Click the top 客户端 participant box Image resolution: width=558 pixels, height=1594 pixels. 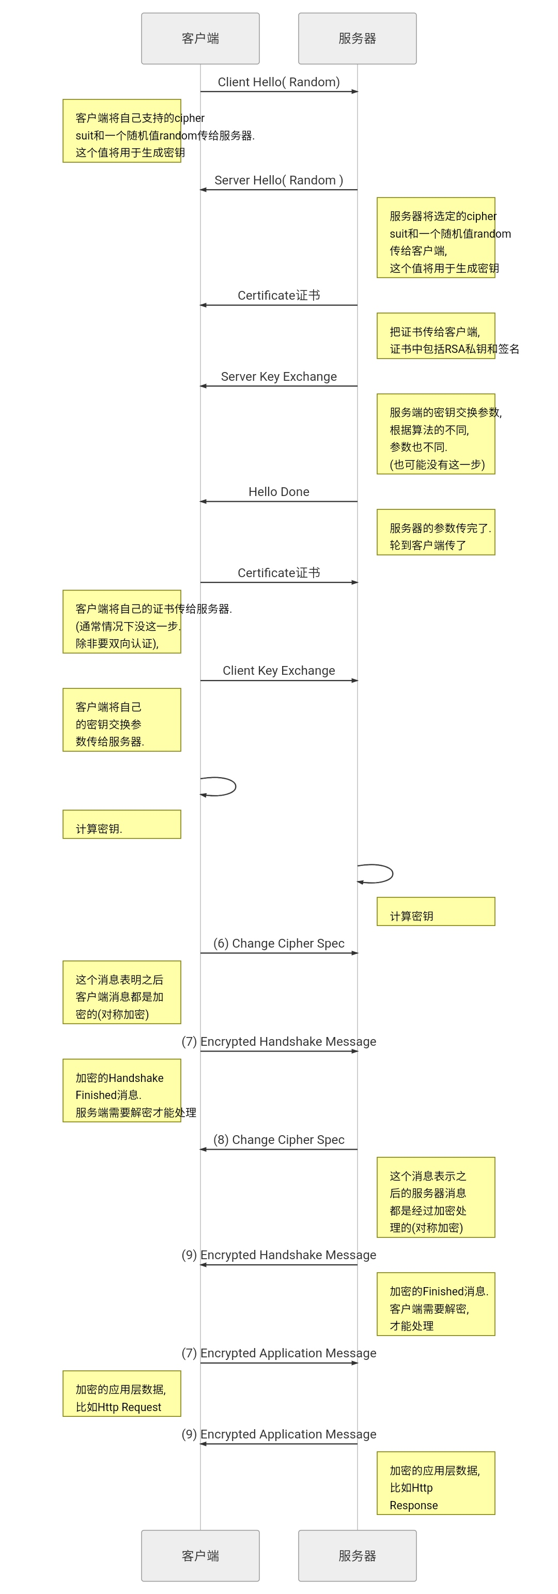[x=200, y=38]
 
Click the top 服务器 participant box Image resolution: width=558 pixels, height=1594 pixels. [x=357, y=38]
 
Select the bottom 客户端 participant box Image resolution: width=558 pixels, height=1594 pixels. [x=200, y=1555]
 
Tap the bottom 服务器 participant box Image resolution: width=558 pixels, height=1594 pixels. [x=357, y=1555]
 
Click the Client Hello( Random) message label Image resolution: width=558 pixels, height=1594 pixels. [x=278, y=82]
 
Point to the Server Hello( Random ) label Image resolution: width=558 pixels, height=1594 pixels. [x=278, y=180]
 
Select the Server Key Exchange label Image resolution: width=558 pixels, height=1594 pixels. [x=278, y=376]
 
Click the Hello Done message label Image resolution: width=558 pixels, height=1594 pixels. [x=278, y=491]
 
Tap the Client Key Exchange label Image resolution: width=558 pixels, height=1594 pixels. [x=278, y=670]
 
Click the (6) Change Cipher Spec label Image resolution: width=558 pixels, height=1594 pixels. [x=278, y=943]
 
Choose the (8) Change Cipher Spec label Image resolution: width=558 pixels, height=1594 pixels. [x=278, y=1139]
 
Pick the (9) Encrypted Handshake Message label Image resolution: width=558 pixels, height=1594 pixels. [x=278, y=1255]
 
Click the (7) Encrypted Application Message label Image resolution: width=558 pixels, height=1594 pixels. [x=278, y=1353]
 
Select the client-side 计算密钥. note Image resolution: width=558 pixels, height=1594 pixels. [x=121, y=824]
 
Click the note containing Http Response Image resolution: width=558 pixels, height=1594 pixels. [x=436, y=1482]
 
